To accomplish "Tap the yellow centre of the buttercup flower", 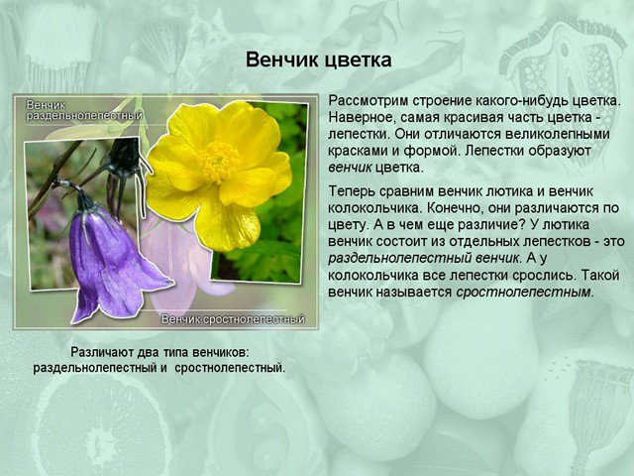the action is pyautogui.click(x=219, y=162).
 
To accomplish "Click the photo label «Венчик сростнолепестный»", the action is pyautogui.click(x=233, y=319).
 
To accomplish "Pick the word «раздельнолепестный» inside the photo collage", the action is pyautogui.click(x=84, y=116).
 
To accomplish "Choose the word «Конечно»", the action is pyautogui.click(x=455, y=208).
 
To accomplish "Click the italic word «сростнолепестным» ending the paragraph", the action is pyautogui.click(x=523, y=293).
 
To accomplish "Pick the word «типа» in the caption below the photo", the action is pyautogui.click(x=176, y=353).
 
